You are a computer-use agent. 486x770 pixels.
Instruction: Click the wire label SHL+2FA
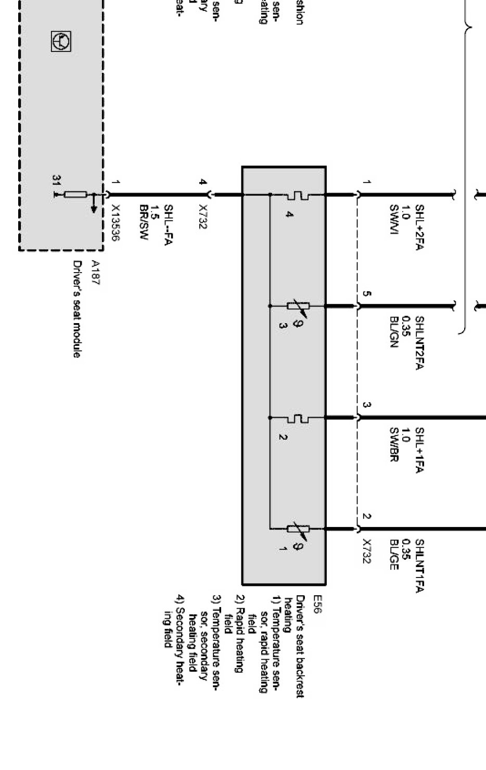point(420,228)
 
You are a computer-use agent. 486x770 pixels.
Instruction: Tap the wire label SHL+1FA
point(420,451)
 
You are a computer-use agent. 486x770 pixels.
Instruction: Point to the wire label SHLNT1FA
point(420,566)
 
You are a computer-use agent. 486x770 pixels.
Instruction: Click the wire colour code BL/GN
point(394,332)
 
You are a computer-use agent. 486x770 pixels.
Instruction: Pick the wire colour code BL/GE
point(394,555)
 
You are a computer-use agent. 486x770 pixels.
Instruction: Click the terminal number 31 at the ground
point(56,180)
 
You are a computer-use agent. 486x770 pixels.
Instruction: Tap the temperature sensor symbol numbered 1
point(298,529)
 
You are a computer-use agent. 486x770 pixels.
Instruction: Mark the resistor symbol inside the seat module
point(75,195)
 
